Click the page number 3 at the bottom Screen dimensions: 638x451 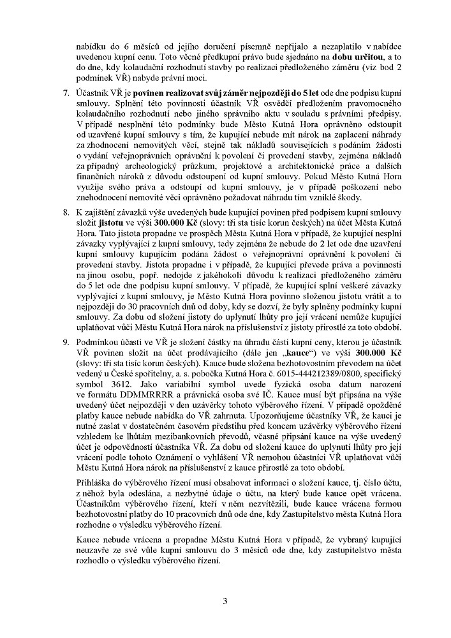pyautogui.click(x=225, y=600)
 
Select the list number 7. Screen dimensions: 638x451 pyautogui.click(x=66, y=92)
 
